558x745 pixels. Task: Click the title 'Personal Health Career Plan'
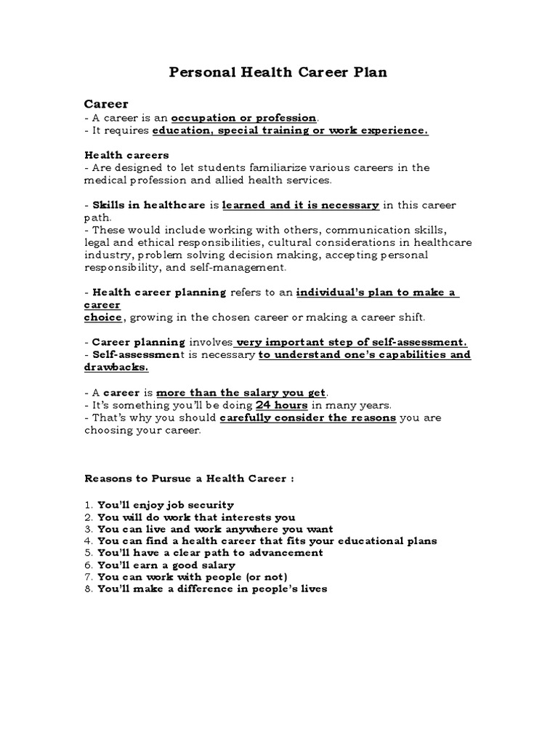(278, 73)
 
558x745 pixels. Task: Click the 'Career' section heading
(106, 104)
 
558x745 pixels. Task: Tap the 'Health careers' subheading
(126, 155)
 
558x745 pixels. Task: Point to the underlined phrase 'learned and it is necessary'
(300, 205)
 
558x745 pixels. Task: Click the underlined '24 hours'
(281, 405)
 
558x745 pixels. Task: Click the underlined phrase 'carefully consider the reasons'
(308, 418)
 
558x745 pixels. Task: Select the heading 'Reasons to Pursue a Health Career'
(189, 479)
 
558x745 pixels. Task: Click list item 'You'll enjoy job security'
(166, 504)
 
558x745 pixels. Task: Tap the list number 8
(88, 589)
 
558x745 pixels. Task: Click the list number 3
(88, 528)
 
